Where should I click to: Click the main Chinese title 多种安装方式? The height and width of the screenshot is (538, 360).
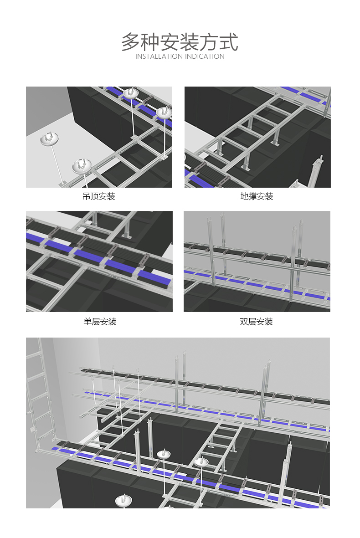pyautogui.click(x=180, y=42)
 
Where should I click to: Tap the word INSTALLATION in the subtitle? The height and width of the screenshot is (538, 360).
pyautogui.click(x=159, y=56)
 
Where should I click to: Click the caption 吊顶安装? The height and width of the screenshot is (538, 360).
pyautogui.click(x=99, y=196)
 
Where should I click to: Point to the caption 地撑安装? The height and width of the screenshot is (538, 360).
pyautogui.click(x=257, y=196)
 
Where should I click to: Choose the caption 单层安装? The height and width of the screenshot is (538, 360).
pyautogui.click(x=100, y=322)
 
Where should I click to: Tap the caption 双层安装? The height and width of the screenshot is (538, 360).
pyautogui.click(x=257, y=322)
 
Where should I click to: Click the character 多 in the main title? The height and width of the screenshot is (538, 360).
pyautogui.click(x=131, y=42)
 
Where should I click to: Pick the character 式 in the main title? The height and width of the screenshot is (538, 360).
pyautogui.click(x=229, y=42)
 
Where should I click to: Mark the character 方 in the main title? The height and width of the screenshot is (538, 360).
pyautogui.click(x=209, y=42)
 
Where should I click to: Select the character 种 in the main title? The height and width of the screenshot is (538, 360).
pyautogui.click(x=150, y=42)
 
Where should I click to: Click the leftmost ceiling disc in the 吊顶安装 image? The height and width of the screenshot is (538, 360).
pyautogui.click(x=49, y=138)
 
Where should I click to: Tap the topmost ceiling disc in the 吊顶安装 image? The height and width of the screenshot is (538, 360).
pyautogui.click(x=131, y=93)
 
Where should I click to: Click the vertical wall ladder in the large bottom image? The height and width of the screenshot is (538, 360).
pyautogui.click(x=40, y=395)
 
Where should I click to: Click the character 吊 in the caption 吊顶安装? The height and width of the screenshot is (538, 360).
pyautogui.click(x=87, y=196)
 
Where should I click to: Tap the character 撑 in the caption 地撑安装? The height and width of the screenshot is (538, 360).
pyautogui.click(x=252, y=196)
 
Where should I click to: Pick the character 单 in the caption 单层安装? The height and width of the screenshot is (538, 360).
pyautogui.click(x=87, y=322)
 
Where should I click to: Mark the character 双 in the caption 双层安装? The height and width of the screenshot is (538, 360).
pyautogui.click(x=244, y=322)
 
